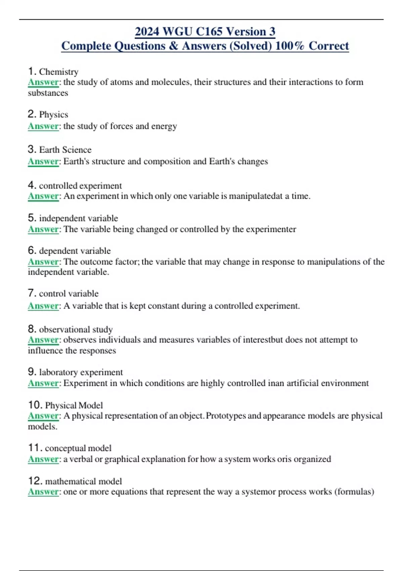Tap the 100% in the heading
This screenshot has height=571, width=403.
tap(289, 46)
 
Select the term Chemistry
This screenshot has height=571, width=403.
tap(59, 72)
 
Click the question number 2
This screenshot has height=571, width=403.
tap(32, 114)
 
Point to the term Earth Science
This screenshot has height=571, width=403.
tap(65, 150)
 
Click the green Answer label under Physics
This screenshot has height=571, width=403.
tap(43, 126)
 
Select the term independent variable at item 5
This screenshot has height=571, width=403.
tap(79, 218)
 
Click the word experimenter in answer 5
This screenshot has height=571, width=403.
tap(271, 229)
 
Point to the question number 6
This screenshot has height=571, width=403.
tap(32, 251)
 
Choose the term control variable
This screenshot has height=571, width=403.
tap(69, 294)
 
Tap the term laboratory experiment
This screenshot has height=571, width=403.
tap(81, 372)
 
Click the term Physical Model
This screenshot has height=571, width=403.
tap(74, 405)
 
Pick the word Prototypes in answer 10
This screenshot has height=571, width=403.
tap(226, 416)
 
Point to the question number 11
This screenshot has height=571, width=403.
tap(35, 448)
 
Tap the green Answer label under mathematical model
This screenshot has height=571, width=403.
tap(43, 492)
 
